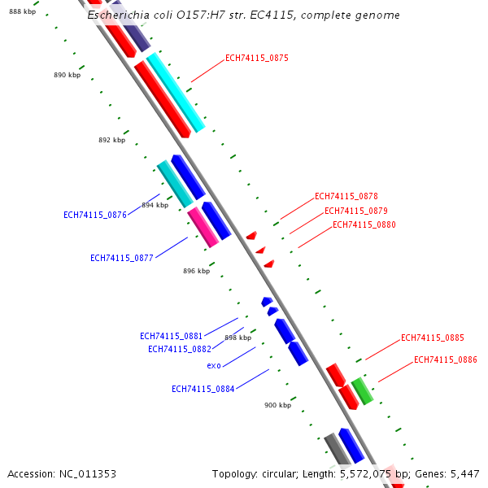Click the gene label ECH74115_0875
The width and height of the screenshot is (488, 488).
[x=256, y=59]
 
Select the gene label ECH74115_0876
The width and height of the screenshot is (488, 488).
[x=95, y=216]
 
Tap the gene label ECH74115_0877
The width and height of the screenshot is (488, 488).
[x=122, y=259]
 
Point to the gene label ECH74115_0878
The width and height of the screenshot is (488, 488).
[x=346, y=197]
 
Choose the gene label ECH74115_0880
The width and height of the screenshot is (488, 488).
[x=364, y=225]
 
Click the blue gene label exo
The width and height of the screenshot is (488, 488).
[x=214, y=366]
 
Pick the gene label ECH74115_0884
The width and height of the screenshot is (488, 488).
[x=203, y=389]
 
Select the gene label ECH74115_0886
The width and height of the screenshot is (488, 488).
[x=445, y=359]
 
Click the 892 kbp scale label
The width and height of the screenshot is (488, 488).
[x=111, y=140]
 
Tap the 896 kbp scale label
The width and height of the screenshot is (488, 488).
[x=196, y=271]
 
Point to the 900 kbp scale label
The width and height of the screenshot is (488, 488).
[x=277, y=404]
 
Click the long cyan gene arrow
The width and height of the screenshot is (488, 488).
[x=175, y=93]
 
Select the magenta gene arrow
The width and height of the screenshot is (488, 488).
[x=203, y=227]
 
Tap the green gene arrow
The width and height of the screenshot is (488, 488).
[x=362, y=390]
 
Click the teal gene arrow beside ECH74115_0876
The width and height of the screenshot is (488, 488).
[x=175, y=184]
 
